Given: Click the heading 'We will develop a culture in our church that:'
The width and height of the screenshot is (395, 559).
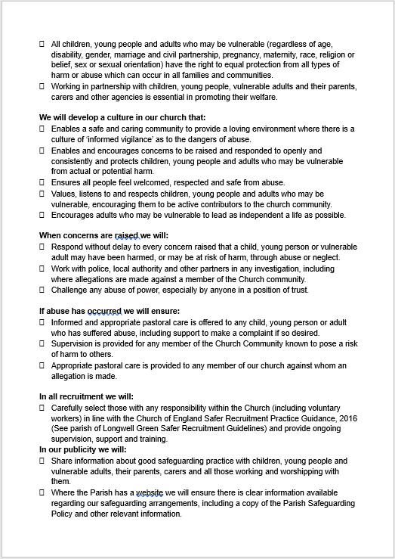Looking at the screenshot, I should pos(121,118).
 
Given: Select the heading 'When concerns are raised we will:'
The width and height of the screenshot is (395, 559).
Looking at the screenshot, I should pos(103,235).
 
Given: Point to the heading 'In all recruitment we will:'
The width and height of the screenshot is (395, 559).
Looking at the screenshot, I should pos(85,396).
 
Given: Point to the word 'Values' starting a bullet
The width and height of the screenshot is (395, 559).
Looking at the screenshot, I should pos(63,194).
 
